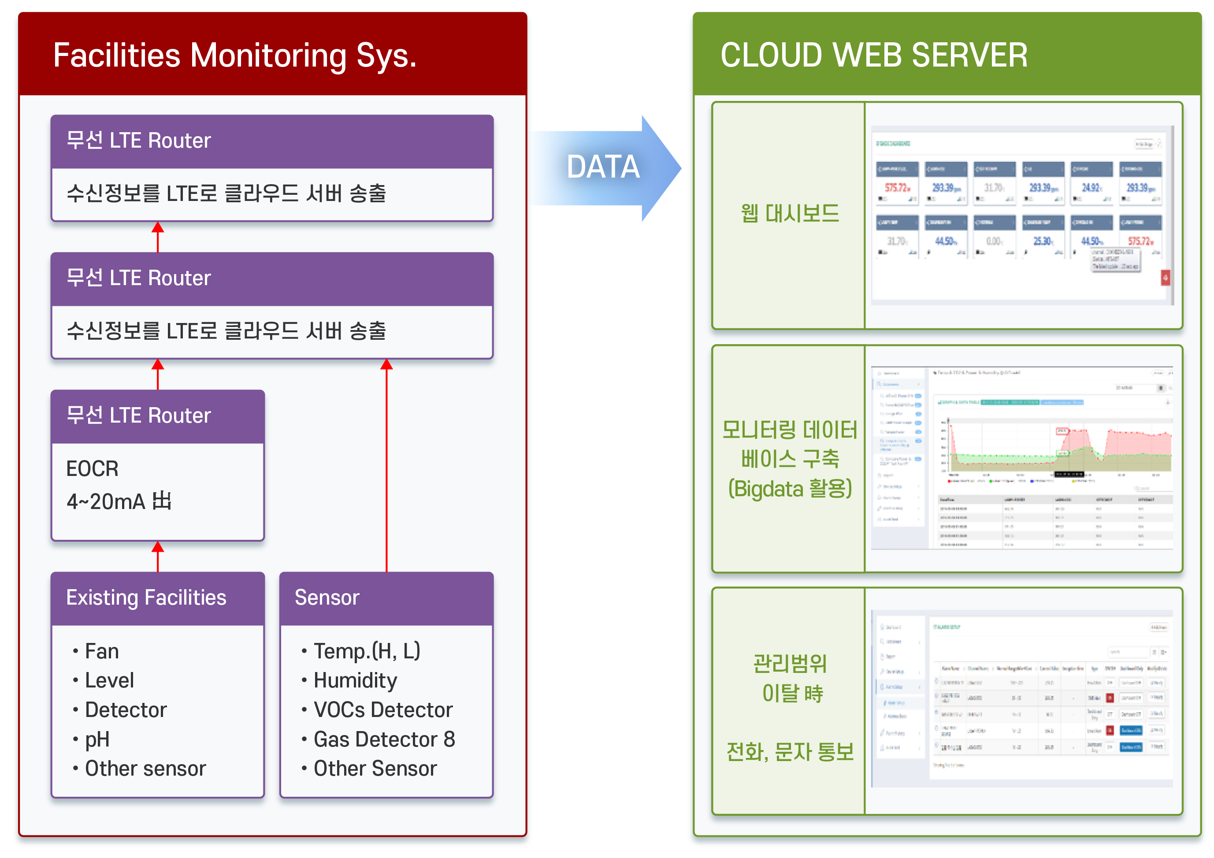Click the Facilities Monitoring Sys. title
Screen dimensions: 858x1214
coord(235,56)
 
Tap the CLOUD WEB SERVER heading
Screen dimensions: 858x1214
coord(873,56)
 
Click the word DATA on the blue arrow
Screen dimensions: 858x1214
coord(603,167)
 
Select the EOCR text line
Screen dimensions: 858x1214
coord(93,469)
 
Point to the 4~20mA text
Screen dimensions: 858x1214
coord(119,501)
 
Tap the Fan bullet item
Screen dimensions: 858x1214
coord(101,651)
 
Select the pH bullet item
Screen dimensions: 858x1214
coord(97,739)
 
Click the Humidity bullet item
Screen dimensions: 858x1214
coord(355,680)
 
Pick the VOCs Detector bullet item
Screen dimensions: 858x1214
coord(383,710)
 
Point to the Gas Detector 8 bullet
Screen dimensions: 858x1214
coord(384,739)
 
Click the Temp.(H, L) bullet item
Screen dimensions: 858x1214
coord(367,651)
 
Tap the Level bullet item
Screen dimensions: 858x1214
coord(109,680)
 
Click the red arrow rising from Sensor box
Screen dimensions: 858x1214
coord(386,465)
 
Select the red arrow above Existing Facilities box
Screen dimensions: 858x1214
coord(158,556)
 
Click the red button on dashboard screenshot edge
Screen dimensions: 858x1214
coord(1165,278)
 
